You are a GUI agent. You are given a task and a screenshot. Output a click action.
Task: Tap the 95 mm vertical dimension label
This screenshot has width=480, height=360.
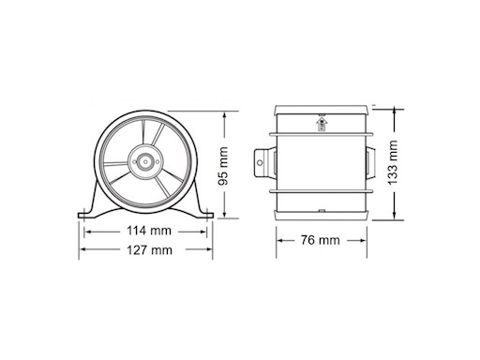click(223, 167)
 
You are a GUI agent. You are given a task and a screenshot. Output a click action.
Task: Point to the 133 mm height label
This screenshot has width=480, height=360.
click(394, 161)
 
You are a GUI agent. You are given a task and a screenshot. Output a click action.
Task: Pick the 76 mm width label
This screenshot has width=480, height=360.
click(322, 240)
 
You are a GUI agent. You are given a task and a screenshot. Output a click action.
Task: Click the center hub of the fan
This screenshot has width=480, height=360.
click(145, 161)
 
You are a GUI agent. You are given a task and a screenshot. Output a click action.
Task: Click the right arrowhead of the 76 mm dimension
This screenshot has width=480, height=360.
click(363, 240)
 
